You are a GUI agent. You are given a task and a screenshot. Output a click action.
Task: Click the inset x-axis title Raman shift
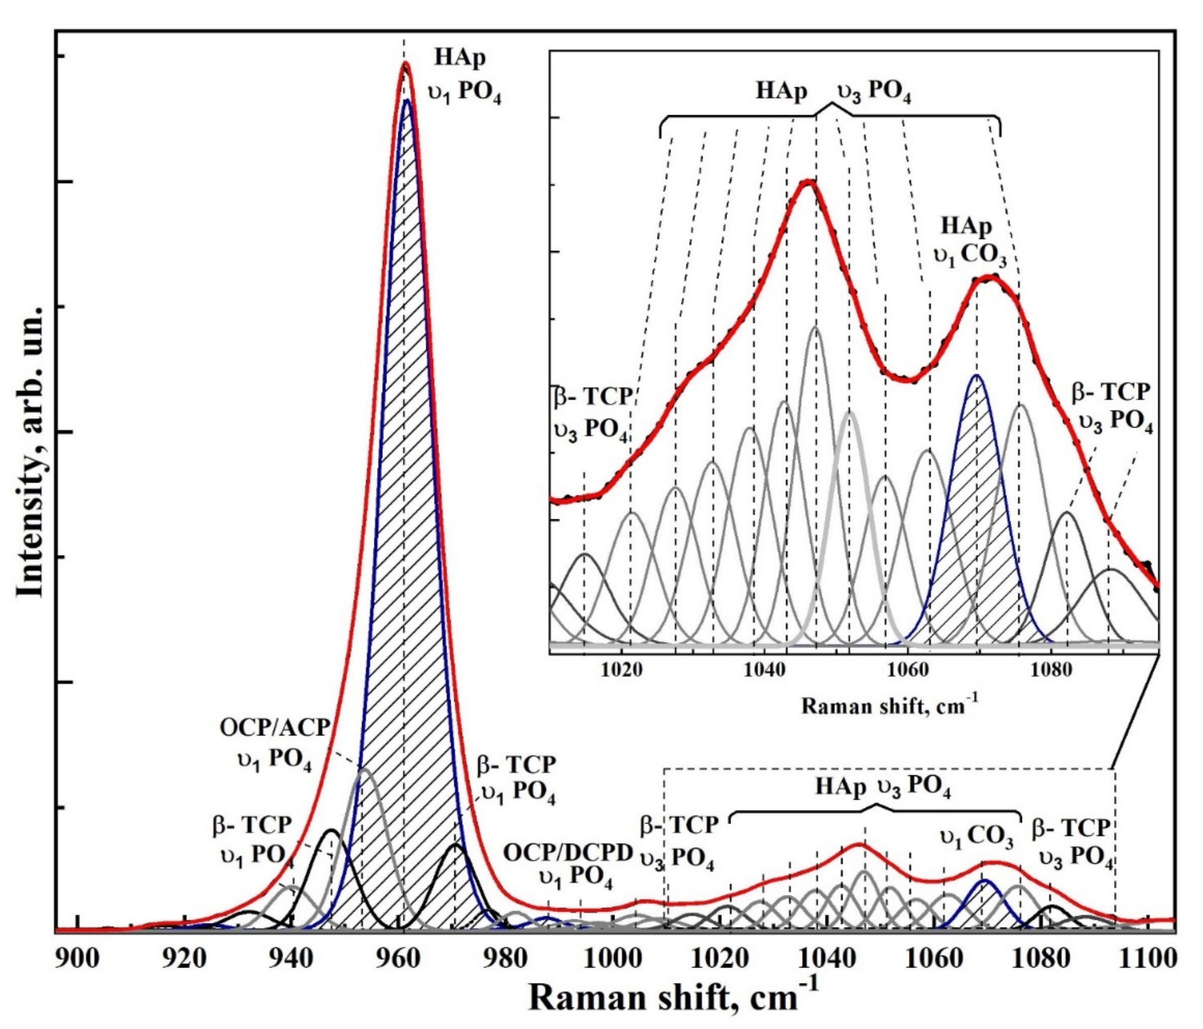click(889, 706)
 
